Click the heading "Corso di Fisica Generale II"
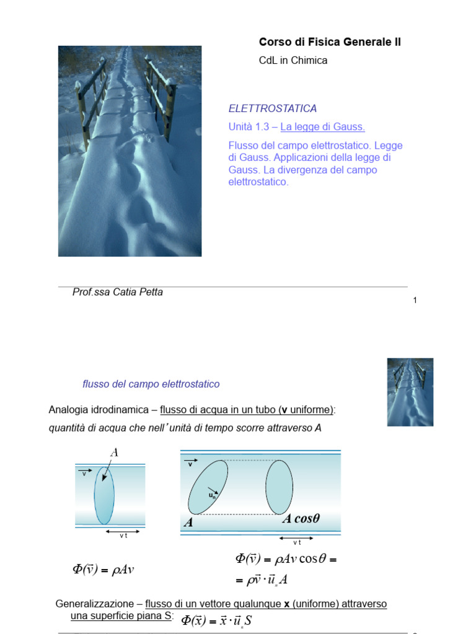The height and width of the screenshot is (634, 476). pyautogui.click(x=329, y=42)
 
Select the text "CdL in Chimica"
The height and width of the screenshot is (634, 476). pyautogui.click(x=293, y=61)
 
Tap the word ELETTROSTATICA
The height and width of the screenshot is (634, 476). pyautogui.click(x=273, y=108)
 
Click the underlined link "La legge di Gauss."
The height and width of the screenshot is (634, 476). pyautogui.click(x=322, y=127)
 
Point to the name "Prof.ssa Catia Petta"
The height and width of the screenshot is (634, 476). pyautogui.click(x=118, y=292)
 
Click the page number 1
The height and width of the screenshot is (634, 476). pyautogui.click(x=415, y=300)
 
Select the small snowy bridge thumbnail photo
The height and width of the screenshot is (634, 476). pyautogui.click(x=410, y=392)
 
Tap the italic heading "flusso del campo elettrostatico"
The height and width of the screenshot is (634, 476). pyautogui.click(x=151, y=384)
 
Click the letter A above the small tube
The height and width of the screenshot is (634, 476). pyautogui.click(x=114, y=453)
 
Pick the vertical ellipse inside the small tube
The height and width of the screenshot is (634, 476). pyautogui.click(x=104, y=495)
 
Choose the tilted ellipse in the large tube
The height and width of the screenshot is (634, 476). pyautogui.click(x=208, y=487)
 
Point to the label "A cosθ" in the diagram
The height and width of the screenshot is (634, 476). pyautogui.click(x=301, y=519)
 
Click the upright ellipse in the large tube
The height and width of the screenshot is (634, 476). pyautogui.click(x=280, y=487)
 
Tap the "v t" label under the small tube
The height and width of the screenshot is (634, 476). pyautogui.click(x=123, y=536)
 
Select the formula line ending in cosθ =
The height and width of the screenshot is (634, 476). pyautogui.click(x=286, y=559)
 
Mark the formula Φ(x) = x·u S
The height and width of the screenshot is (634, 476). pyautogui.click(x=217, y=620)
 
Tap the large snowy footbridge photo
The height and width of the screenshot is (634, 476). pyautogui.click(x=130, y=150)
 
